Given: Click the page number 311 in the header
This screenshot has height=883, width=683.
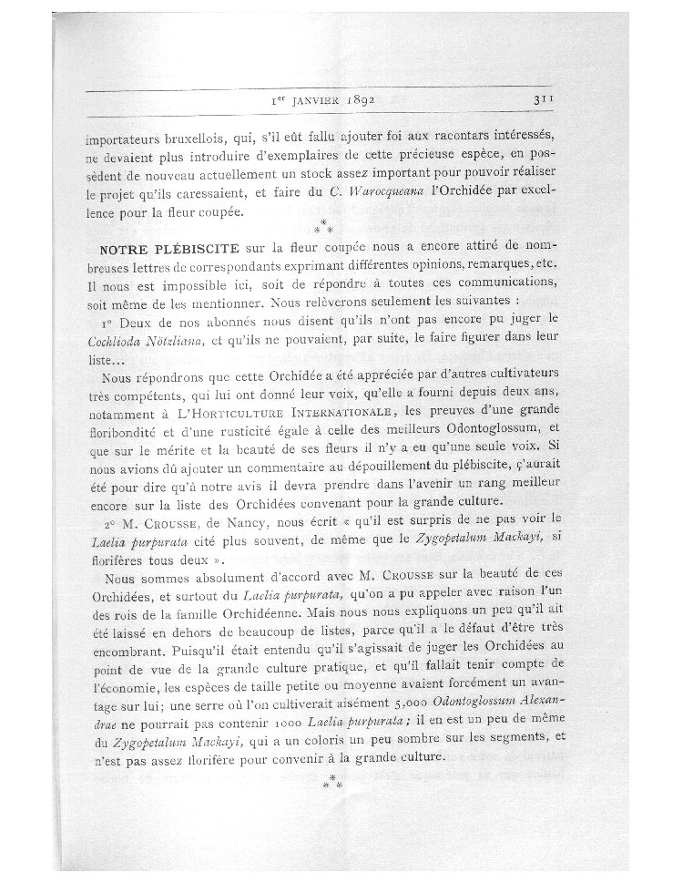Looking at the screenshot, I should coord(534,101).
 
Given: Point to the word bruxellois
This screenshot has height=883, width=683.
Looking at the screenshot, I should coord(196,141).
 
